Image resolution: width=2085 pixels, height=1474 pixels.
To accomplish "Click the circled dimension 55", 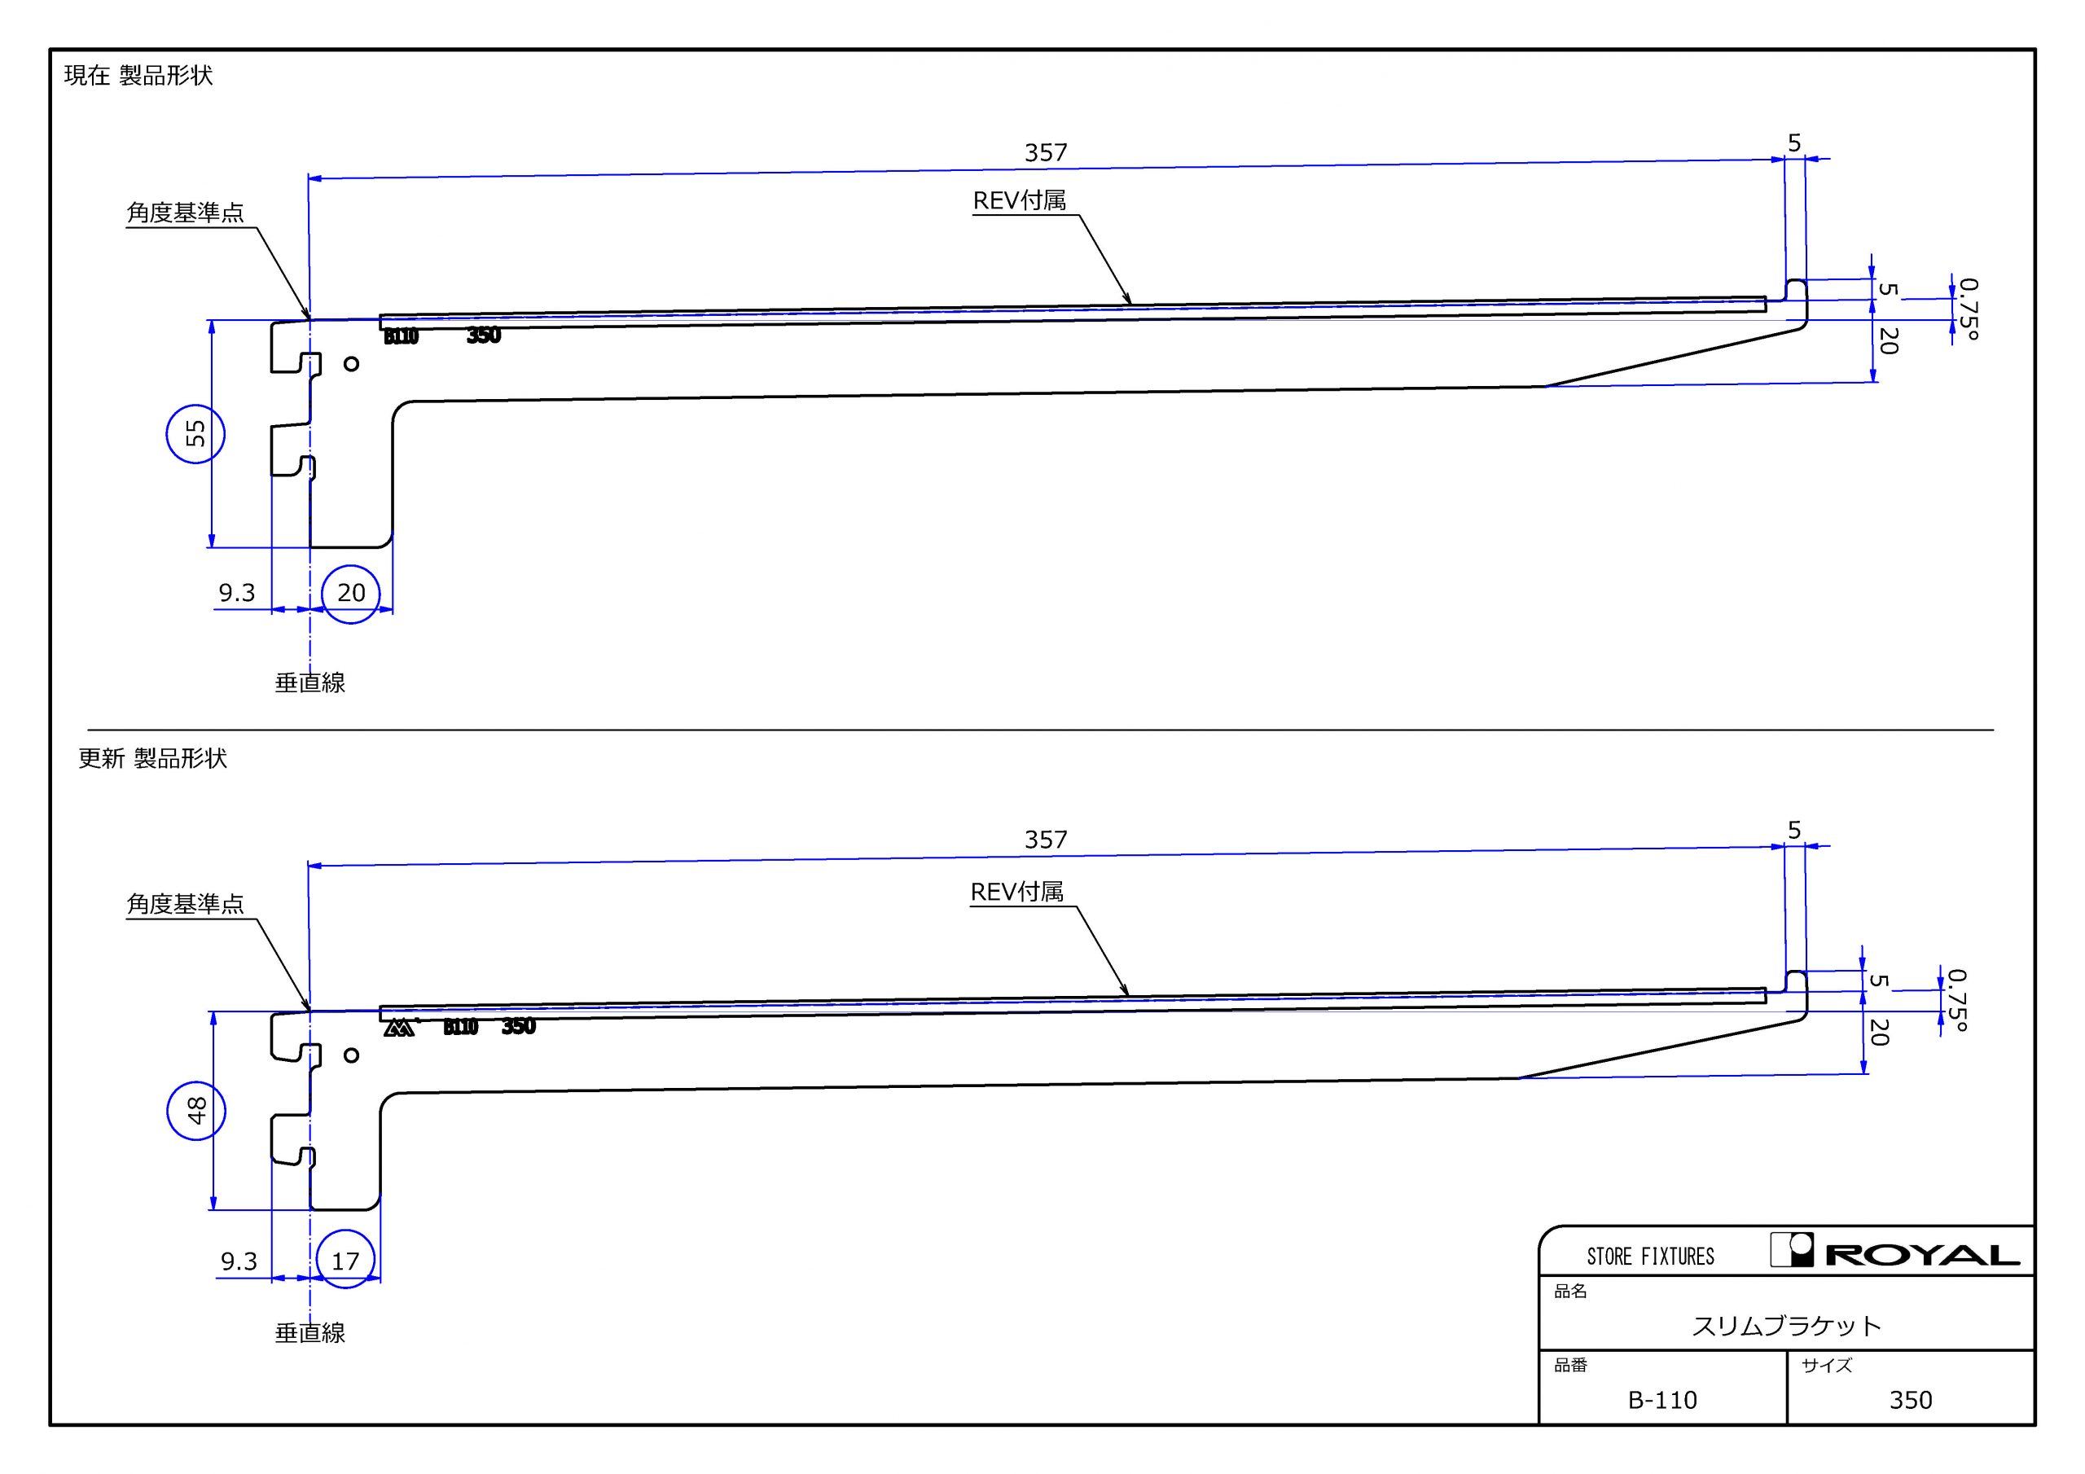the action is pos(195,434).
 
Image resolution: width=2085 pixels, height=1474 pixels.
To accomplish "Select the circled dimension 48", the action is pos(196,1111).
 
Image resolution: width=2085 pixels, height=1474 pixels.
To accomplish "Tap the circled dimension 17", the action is pos(346,1261).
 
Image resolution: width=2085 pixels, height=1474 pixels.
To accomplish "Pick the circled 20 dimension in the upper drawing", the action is pos(350,593).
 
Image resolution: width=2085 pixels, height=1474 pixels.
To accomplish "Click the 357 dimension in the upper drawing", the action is pos(1045,152).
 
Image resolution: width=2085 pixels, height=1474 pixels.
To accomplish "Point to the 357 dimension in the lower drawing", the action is pos(1045,839).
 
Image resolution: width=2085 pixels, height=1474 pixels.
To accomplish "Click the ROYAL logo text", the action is pos(1921,1256).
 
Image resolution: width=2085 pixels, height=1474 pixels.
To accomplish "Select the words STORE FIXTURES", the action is pos(1650,1257).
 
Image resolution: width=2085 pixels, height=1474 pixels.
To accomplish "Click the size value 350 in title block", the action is pos(1911,1401).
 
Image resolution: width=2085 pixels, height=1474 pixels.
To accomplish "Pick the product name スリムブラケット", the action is pos(1786,1326).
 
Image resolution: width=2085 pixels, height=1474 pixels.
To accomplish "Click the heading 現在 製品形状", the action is pos(138,76).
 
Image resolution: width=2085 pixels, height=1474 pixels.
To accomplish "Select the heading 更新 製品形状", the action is pos(152,758).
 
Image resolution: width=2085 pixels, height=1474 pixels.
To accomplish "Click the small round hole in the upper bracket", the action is pos(351,364).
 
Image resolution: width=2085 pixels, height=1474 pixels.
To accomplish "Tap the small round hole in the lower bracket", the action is pos(351,1055).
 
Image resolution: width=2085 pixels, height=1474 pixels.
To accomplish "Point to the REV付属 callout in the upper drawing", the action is pos(1020,200).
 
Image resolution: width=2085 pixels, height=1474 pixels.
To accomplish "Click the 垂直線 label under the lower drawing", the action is pos(309,1332).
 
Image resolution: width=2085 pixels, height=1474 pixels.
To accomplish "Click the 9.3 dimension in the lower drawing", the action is pos(239,1261).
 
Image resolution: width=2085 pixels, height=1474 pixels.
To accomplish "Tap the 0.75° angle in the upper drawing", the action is pos(1967,309).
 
